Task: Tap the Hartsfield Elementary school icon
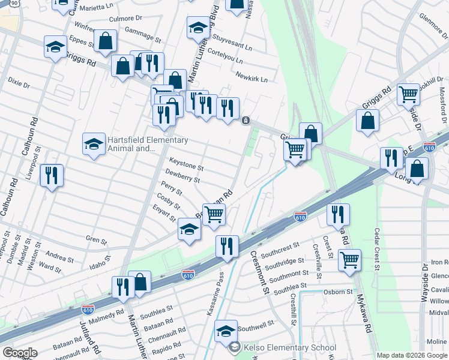94,145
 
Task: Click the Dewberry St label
183,175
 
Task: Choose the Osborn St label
339,292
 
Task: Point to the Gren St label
96,241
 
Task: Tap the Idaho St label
100,263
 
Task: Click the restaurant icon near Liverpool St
51,176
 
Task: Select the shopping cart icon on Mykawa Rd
349,260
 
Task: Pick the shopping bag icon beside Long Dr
418,169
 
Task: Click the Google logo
20,353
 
